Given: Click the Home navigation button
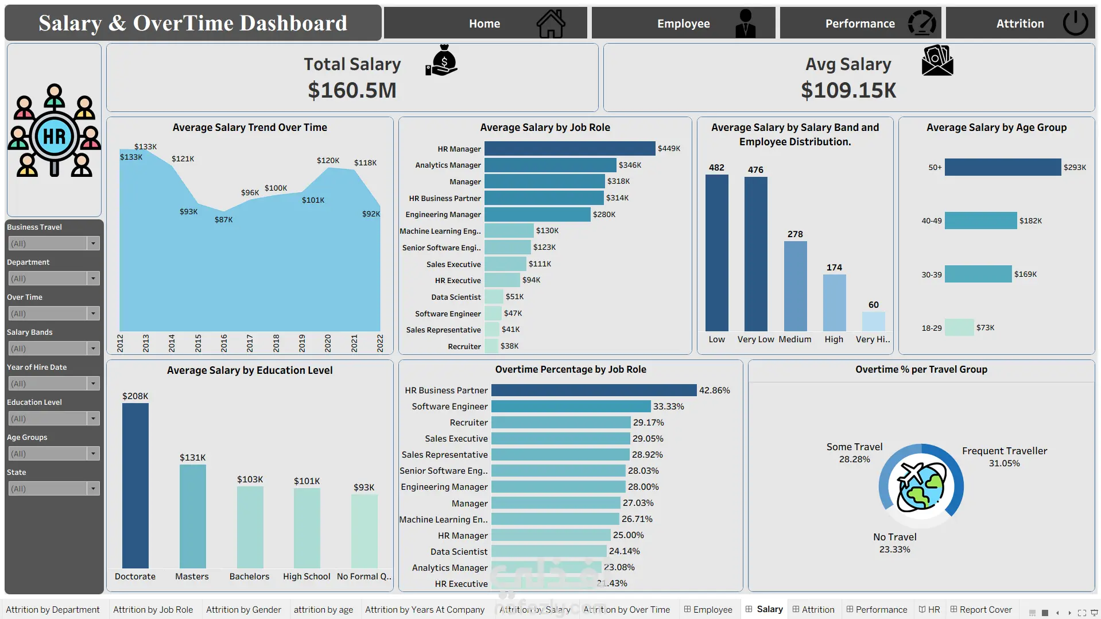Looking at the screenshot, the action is click(x=485, y=24).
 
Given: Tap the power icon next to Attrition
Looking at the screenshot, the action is click(x=1075, y=24).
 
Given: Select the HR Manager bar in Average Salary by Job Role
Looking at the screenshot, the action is click(x=569, y=149).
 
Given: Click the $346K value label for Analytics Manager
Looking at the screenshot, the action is click(x=630, y=165).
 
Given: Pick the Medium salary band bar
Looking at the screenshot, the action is click(x=795, y=286).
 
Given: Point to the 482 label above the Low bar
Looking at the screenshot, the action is click(x=716, y=168).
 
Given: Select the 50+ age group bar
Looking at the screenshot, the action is click(x=1003, y=167).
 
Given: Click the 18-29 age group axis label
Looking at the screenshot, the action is click(x=931, y=328).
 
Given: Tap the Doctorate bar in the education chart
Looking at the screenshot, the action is click(x=135, y=486).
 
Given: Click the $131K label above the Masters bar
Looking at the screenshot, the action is click(x=192, y=458).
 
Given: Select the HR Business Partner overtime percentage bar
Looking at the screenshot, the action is click(x=594, y=390).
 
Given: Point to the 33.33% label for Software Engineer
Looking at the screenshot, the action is click(x=669, y=407).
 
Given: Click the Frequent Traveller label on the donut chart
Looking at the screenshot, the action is click(x=1005, y=451).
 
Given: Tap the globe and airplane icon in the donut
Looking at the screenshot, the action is click(x=921, y=486).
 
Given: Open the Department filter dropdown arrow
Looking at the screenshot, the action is click(x=93, y=278).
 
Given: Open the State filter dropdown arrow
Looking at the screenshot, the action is click(x=93, y=489).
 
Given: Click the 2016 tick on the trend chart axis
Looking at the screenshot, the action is click(x=224, y=343).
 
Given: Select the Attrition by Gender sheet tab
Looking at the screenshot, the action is click(x=243, y=610).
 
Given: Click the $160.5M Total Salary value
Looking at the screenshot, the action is click(x=352, y=90).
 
